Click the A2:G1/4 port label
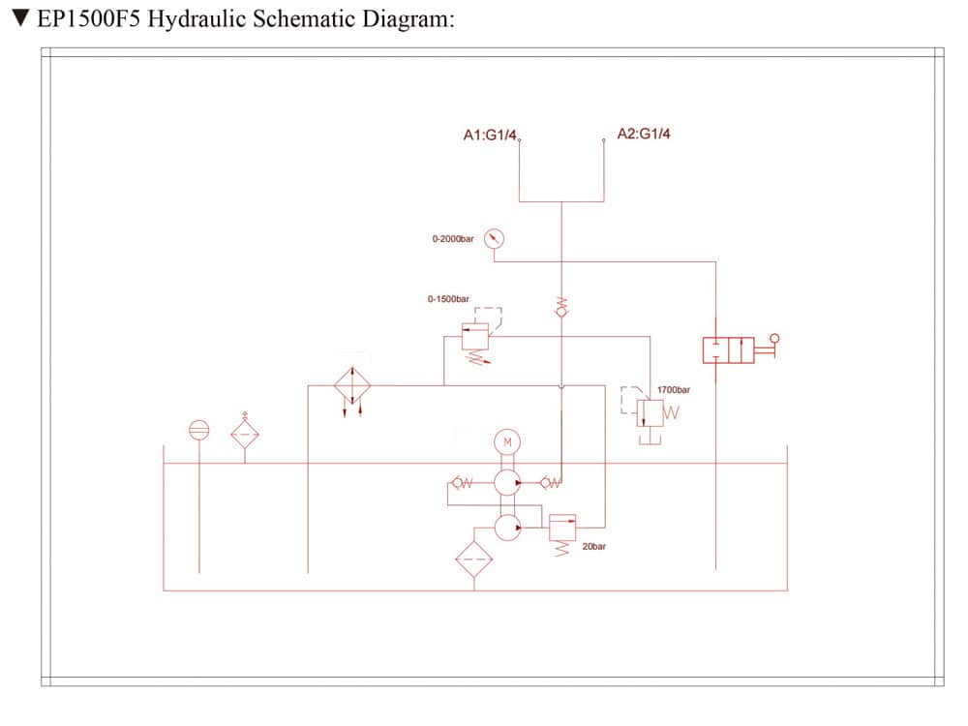coord(644,134)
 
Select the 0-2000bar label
coord(453,238)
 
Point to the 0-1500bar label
coord(448,299)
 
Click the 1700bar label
coord(674,389)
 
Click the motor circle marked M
coord(507,442)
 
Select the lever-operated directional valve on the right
coord(729,349)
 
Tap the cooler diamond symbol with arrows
coord(352,385)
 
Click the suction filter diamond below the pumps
coord(474,560)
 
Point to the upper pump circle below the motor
coord(507,482)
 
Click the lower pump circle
coord(507,527)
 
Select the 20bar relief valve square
coord(562,528)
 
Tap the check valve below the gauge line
coord(561,310)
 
